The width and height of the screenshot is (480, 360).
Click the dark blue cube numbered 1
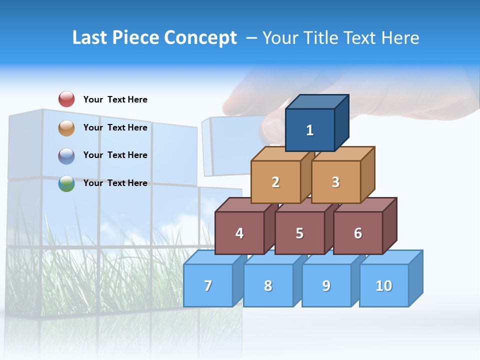310,130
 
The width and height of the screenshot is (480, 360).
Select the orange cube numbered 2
275,182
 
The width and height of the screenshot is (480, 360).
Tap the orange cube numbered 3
335,182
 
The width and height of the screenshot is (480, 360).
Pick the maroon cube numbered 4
239,233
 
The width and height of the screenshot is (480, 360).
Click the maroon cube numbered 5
299,233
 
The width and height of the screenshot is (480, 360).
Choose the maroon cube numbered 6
358,233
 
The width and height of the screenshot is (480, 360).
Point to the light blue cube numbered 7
208,285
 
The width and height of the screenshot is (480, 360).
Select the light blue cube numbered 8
268,285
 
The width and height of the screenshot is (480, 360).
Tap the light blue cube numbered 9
326,285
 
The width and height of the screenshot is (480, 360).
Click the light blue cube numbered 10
384,285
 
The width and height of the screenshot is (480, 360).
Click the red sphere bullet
66,99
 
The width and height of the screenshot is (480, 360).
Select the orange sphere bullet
66,127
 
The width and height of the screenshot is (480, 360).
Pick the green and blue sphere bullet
66,183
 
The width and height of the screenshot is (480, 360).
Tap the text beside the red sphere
115,99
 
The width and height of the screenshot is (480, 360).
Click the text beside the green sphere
115,183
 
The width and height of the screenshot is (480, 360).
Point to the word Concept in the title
200,37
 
